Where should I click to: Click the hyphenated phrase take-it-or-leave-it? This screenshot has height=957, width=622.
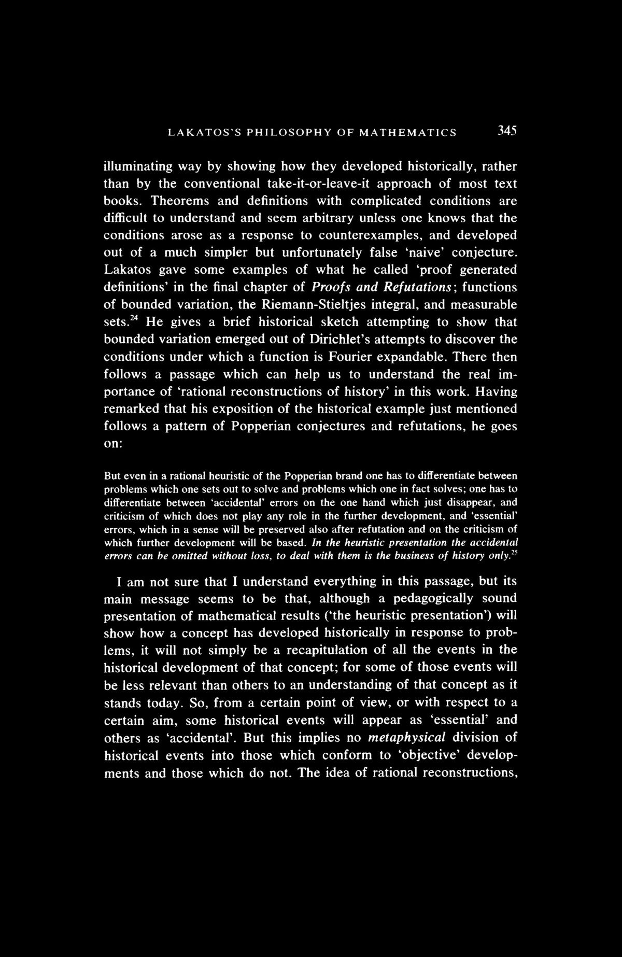click(x=316, y=184)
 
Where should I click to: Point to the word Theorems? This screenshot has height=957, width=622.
click(x=181, y=201)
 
